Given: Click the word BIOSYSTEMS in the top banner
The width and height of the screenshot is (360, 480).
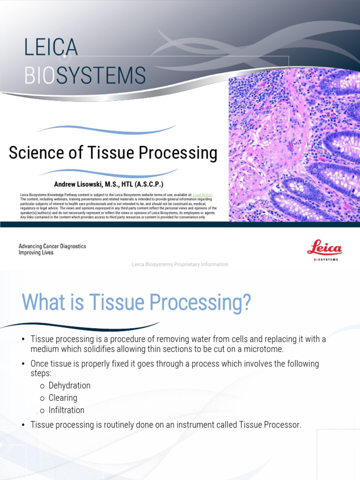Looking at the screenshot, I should click(84, 75).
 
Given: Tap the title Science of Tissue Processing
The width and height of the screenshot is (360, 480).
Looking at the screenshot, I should click(113, 153).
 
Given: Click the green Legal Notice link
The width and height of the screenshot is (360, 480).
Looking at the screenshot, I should click(202, 194).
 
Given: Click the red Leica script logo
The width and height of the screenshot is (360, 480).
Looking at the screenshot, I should click(324, 248).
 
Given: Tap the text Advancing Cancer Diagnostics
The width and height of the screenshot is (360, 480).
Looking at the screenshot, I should click(52, 246).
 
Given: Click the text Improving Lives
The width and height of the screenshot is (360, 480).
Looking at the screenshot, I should click(36, 253).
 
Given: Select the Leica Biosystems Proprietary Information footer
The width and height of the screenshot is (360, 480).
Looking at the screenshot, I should click(180, 264).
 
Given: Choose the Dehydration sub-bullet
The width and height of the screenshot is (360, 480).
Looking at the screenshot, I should click(69, 385).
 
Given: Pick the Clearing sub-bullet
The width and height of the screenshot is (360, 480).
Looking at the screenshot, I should click(63, 397).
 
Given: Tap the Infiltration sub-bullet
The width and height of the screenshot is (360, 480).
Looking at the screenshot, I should click(67, 410).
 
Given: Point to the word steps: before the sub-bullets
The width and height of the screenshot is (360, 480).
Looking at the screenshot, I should click(41, 373).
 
